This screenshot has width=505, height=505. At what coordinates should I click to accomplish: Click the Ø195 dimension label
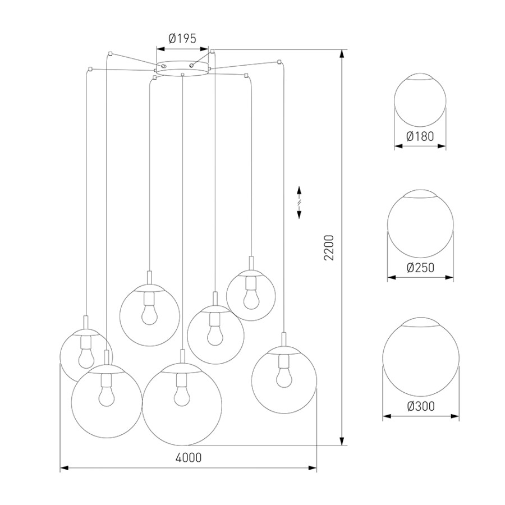pos(182,39)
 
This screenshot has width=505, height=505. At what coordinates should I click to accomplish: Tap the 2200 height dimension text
pos(329,247)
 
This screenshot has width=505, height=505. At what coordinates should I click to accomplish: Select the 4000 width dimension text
pos(189,457)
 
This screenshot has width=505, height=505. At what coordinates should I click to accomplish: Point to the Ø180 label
pos(420,136)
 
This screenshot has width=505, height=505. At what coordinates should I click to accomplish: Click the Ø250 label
pos(420,267)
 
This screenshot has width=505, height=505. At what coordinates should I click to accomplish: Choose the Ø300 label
pos(421,406)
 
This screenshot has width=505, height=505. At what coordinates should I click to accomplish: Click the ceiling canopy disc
pos(182,68)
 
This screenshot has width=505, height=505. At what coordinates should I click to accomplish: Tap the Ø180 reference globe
pos(420,99)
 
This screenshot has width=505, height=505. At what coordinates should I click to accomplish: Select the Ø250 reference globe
pos(420,223)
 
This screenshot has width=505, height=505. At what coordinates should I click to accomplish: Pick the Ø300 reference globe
pos(421,357)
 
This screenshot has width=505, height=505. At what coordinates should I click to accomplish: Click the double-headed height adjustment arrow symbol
pos(299,202)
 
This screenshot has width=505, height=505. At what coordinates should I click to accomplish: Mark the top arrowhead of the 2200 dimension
pos(342,54)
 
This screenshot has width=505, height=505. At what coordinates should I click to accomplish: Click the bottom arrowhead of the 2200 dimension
pos(342,441)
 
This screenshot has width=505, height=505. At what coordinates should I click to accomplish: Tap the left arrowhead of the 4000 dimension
pos(65,468)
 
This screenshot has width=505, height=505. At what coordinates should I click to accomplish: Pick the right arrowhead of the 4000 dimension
pos(312,468)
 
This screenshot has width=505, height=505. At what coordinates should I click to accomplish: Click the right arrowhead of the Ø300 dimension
pos(455,416)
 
